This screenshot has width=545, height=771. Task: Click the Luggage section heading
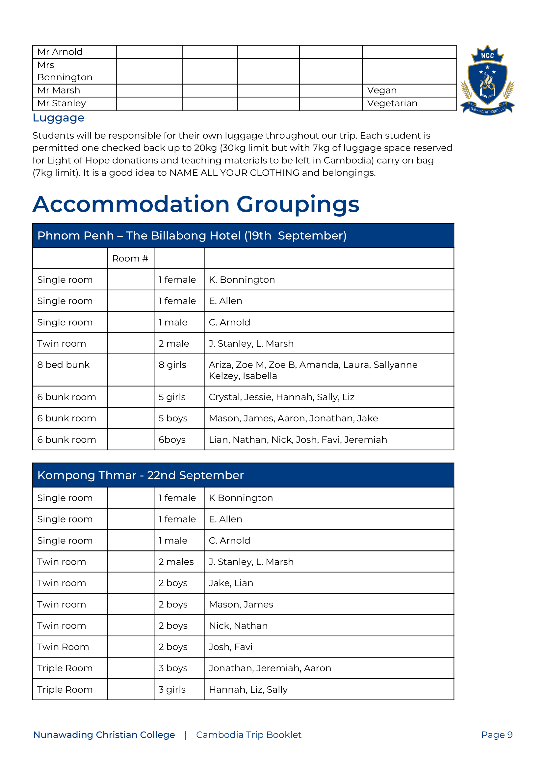tap(59, 118)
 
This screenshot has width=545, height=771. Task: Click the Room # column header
tap(130, 258)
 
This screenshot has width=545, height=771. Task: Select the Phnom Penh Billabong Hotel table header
tap(192, 235)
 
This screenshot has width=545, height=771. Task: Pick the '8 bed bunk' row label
tap(64, 365)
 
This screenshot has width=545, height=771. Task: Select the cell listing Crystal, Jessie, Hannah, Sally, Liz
tap(281, 397)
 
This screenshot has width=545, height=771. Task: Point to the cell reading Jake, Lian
tap(231, 583)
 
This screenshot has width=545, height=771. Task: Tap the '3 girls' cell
tap(172, 689)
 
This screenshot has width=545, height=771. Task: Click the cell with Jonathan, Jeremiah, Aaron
tap(270, 668)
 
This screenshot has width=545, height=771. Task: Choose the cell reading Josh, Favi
tap(230, 647)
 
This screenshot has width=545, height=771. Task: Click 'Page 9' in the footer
tap(496, 735)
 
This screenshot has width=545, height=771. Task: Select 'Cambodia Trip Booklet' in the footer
tap(248, 735)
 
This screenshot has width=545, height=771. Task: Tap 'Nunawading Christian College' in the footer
tap(104, 735)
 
